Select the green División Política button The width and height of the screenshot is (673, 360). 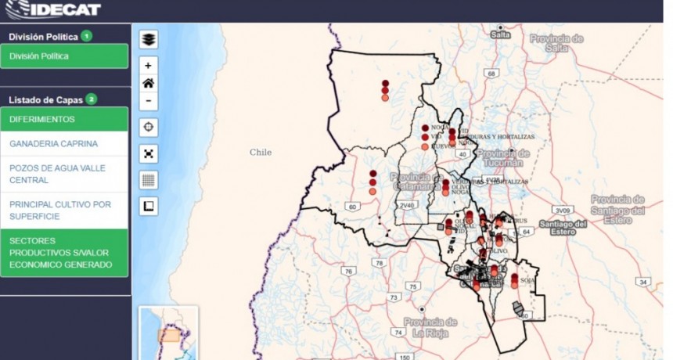pos(65,56)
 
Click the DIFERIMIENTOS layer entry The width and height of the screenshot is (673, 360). pos(65,119)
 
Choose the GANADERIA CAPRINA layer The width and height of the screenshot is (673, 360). pos(65,144)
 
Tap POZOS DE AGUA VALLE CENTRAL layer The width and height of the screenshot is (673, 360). pos(65,174)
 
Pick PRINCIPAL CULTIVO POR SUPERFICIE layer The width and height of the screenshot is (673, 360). pos(65,211)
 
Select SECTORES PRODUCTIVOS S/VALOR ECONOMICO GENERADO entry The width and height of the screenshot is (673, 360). pos(65,253)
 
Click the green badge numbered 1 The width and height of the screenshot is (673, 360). pos(86,36)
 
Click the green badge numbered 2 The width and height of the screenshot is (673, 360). pos(92,99)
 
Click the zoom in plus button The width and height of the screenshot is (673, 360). pos(149,65)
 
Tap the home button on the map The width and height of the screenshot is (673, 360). pos(149,83)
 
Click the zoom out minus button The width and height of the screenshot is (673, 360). pos(149,101)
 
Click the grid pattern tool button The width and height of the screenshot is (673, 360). pos(149,179)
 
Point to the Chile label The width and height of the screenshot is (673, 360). pos(261,153)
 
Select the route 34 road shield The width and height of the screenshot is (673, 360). pos(642,282)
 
